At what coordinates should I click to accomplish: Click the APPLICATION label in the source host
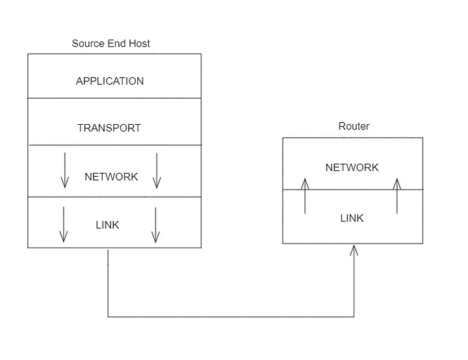110,81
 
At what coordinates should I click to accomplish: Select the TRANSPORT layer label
109,128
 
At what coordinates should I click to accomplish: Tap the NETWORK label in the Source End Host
111,177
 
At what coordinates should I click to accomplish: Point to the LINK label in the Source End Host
107,225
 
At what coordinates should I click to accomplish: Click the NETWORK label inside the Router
352,168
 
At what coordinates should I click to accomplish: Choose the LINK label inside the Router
352,218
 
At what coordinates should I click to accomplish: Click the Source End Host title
110,44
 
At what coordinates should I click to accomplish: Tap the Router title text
354,126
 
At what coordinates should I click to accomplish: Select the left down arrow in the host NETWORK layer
64,171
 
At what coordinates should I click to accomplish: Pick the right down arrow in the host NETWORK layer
156,171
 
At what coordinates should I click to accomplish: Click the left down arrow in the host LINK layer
63,224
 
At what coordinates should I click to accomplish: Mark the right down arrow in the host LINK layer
155,224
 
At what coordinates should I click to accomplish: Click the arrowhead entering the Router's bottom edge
354,250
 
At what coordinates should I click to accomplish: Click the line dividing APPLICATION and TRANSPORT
114,98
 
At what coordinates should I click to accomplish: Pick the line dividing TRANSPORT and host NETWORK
114,145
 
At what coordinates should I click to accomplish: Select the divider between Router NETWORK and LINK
352,189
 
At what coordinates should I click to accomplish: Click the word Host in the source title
138,44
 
